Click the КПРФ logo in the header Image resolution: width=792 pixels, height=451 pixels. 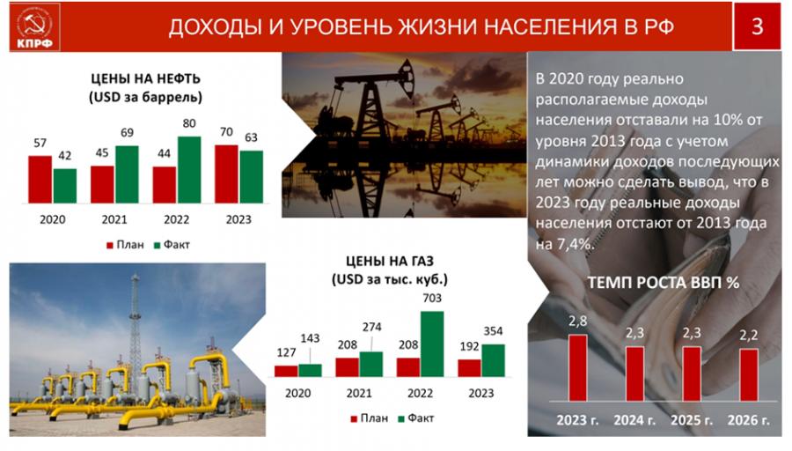(34, 27)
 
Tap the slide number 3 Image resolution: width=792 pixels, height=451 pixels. (757, 26)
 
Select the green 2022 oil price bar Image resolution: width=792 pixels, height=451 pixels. (189, 170)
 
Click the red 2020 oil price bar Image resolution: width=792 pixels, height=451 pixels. (40, 180)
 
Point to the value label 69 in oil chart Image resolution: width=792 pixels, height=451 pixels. (127, 132)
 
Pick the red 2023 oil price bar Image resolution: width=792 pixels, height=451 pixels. (226, 174)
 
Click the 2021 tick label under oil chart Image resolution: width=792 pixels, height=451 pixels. (114, 219)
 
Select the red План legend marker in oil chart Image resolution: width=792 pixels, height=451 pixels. (110, 245)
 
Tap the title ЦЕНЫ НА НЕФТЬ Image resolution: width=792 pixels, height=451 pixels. (145, 79)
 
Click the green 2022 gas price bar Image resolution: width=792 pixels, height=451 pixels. (432, 344)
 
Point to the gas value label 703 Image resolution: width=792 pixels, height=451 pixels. (432, 299)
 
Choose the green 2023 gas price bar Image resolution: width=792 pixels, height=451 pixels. (493, 360)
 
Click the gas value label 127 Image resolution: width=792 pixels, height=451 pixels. (286, 352)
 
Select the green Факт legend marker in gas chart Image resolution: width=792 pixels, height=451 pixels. (401, 418)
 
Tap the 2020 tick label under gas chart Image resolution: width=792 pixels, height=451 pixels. (298, 394)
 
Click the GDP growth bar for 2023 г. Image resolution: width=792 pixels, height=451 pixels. (578, 367)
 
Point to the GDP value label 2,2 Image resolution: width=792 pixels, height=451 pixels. (749, 335)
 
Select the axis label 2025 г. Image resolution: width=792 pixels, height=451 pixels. (692, 420)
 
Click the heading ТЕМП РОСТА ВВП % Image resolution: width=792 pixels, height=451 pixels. (664, 283)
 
